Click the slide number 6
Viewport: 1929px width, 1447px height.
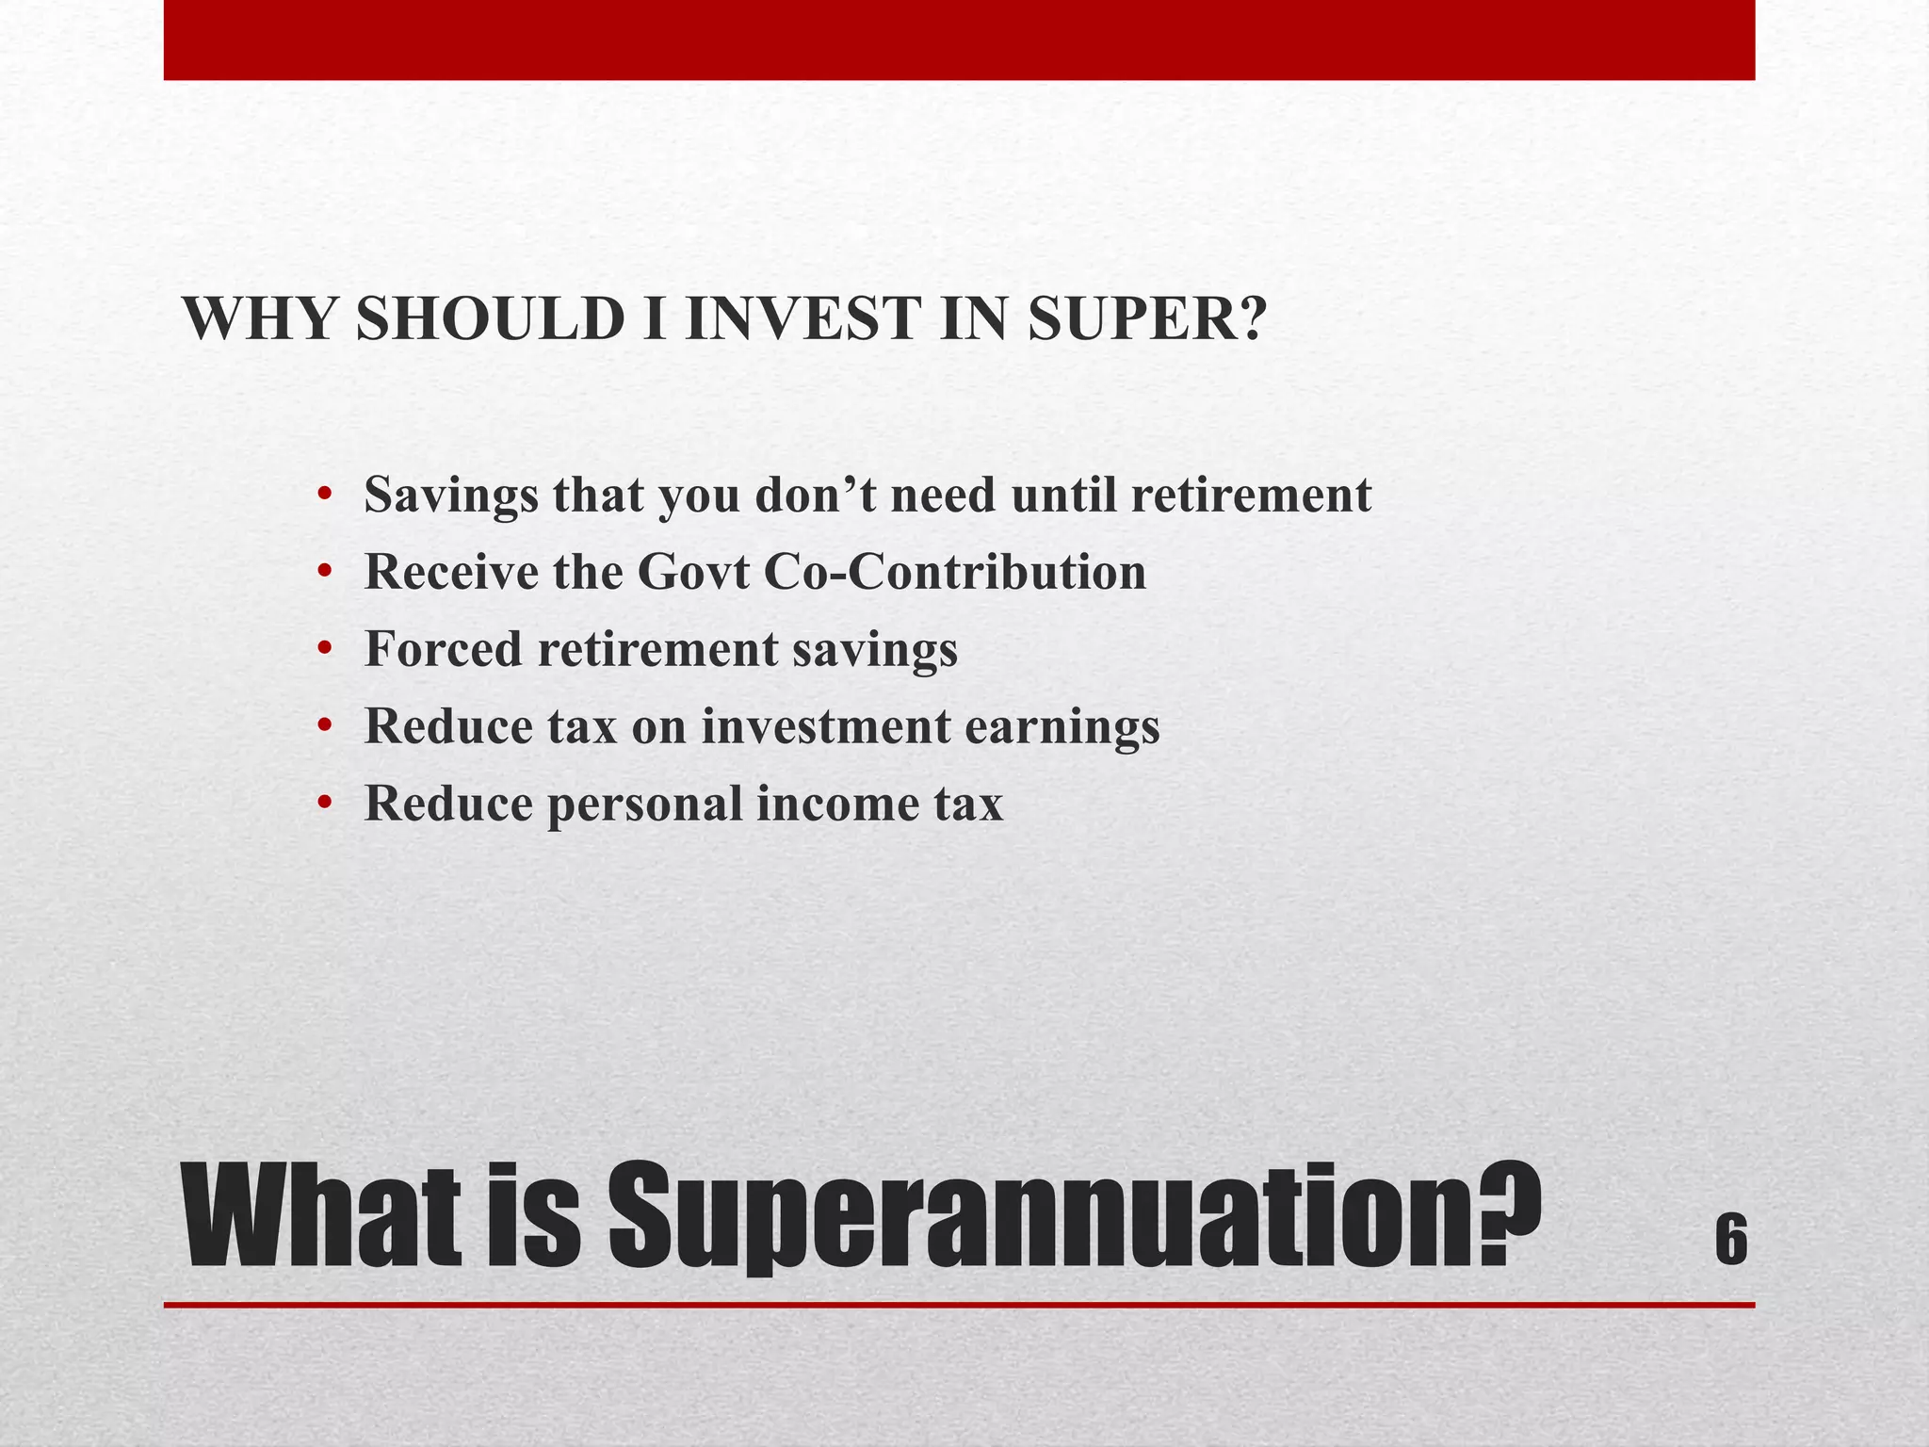(1731, 1242)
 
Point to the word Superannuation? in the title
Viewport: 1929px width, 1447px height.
(1074, 1217)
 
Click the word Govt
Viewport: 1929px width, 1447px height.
(692, 572)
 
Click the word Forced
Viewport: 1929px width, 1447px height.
(443, 649)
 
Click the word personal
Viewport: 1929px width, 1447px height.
(646, 805)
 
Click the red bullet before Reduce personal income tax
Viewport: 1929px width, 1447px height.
(325, 803)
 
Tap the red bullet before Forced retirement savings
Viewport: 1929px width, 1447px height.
(325, 648)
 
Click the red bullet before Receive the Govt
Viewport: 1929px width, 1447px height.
(325, 571)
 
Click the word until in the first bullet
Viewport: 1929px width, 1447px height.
(1063, 496)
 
